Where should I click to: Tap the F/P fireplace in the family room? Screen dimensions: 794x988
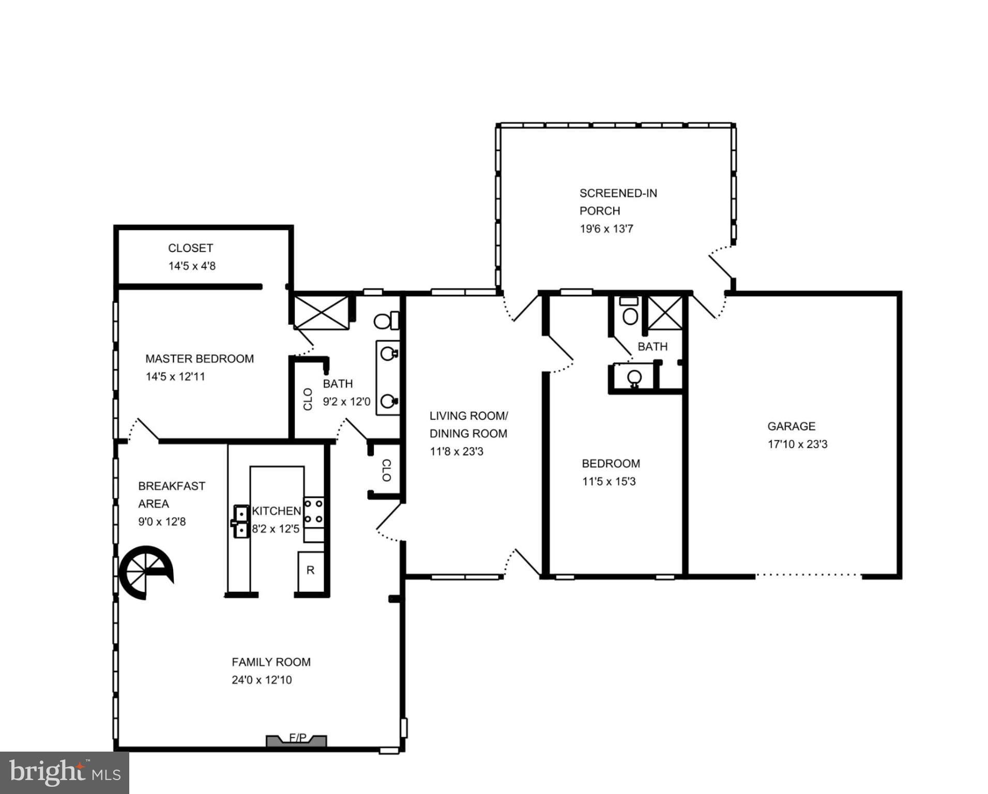click(297, 741)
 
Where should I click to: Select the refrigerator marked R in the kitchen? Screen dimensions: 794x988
click(310, 571)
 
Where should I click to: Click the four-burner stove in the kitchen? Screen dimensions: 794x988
click(313, 512)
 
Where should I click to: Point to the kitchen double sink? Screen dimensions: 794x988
click(240, 521)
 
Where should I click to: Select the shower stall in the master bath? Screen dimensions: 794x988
click(321, 312)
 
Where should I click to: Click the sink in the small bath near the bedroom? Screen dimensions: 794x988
click(635, 377)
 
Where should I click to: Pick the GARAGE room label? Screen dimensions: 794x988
click(791, 426)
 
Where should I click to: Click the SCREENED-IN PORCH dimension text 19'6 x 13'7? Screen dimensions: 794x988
click(606, 228)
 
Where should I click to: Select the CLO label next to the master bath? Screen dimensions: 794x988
click(308, 399)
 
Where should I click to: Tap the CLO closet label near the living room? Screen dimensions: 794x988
click(386, 470)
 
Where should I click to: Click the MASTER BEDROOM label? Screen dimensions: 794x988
click(200, 359)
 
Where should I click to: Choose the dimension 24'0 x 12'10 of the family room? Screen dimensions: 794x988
click(262, 680)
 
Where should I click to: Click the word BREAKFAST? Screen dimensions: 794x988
click(172, 486)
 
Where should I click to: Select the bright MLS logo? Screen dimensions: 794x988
click(64, 772)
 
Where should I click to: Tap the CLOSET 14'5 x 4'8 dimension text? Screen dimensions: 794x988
click(192, 266)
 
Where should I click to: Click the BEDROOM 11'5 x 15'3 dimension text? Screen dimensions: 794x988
click(609, 481)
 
